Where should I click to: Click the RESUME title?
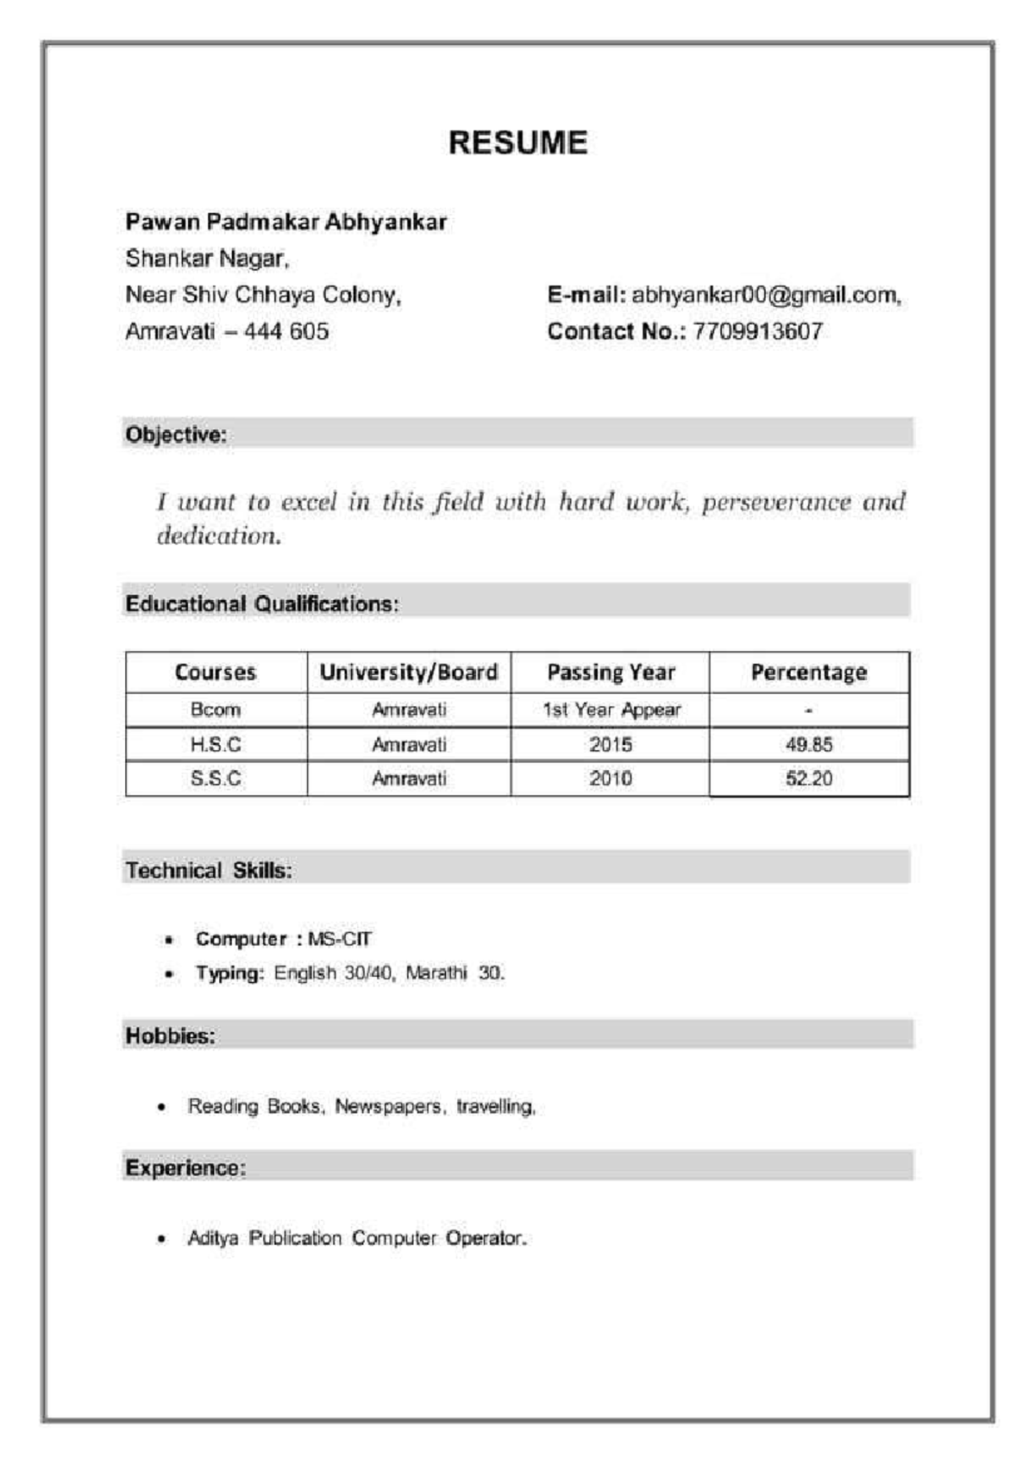click(x=517, y=143)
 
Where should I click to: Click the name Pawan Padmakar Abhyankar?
click(x=285, y=222)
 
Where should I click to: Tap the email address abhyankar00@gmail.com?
click(x=765, y=295)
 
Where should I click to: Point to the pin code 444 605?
click(x=286, y=331)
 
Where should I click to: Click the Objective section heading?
click(x=176, y=435)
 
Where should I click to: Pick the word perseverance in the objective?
click(x=776, y=502)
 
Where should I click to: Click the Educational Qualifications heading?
click(x=261, y=604)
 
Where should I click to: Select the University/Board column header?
click(x=409, y=673)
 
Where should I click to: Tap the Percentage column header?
click(x=808, y=673)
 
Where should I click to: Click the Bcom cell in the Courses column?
click(x=216, y=710)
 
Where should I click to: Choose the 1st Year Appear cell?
click(x=611, y=710)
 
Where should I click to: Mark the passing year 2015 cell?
click(x=611, y=744)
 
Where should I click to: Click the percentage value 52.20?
click(x=808, y=779)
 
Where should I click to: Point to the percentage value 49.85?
click(x=808, y=744)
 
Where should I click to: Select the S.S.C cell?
click(x=216, y=779)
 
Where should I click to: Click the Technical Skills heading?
click(x=209, y=871)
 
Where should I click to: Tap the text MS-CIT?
click(x=340, y=939)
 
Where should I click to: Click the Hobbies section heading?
click(x=170, y=1035)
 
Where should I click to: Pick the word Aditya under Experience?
click(x=213, y=1238)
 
